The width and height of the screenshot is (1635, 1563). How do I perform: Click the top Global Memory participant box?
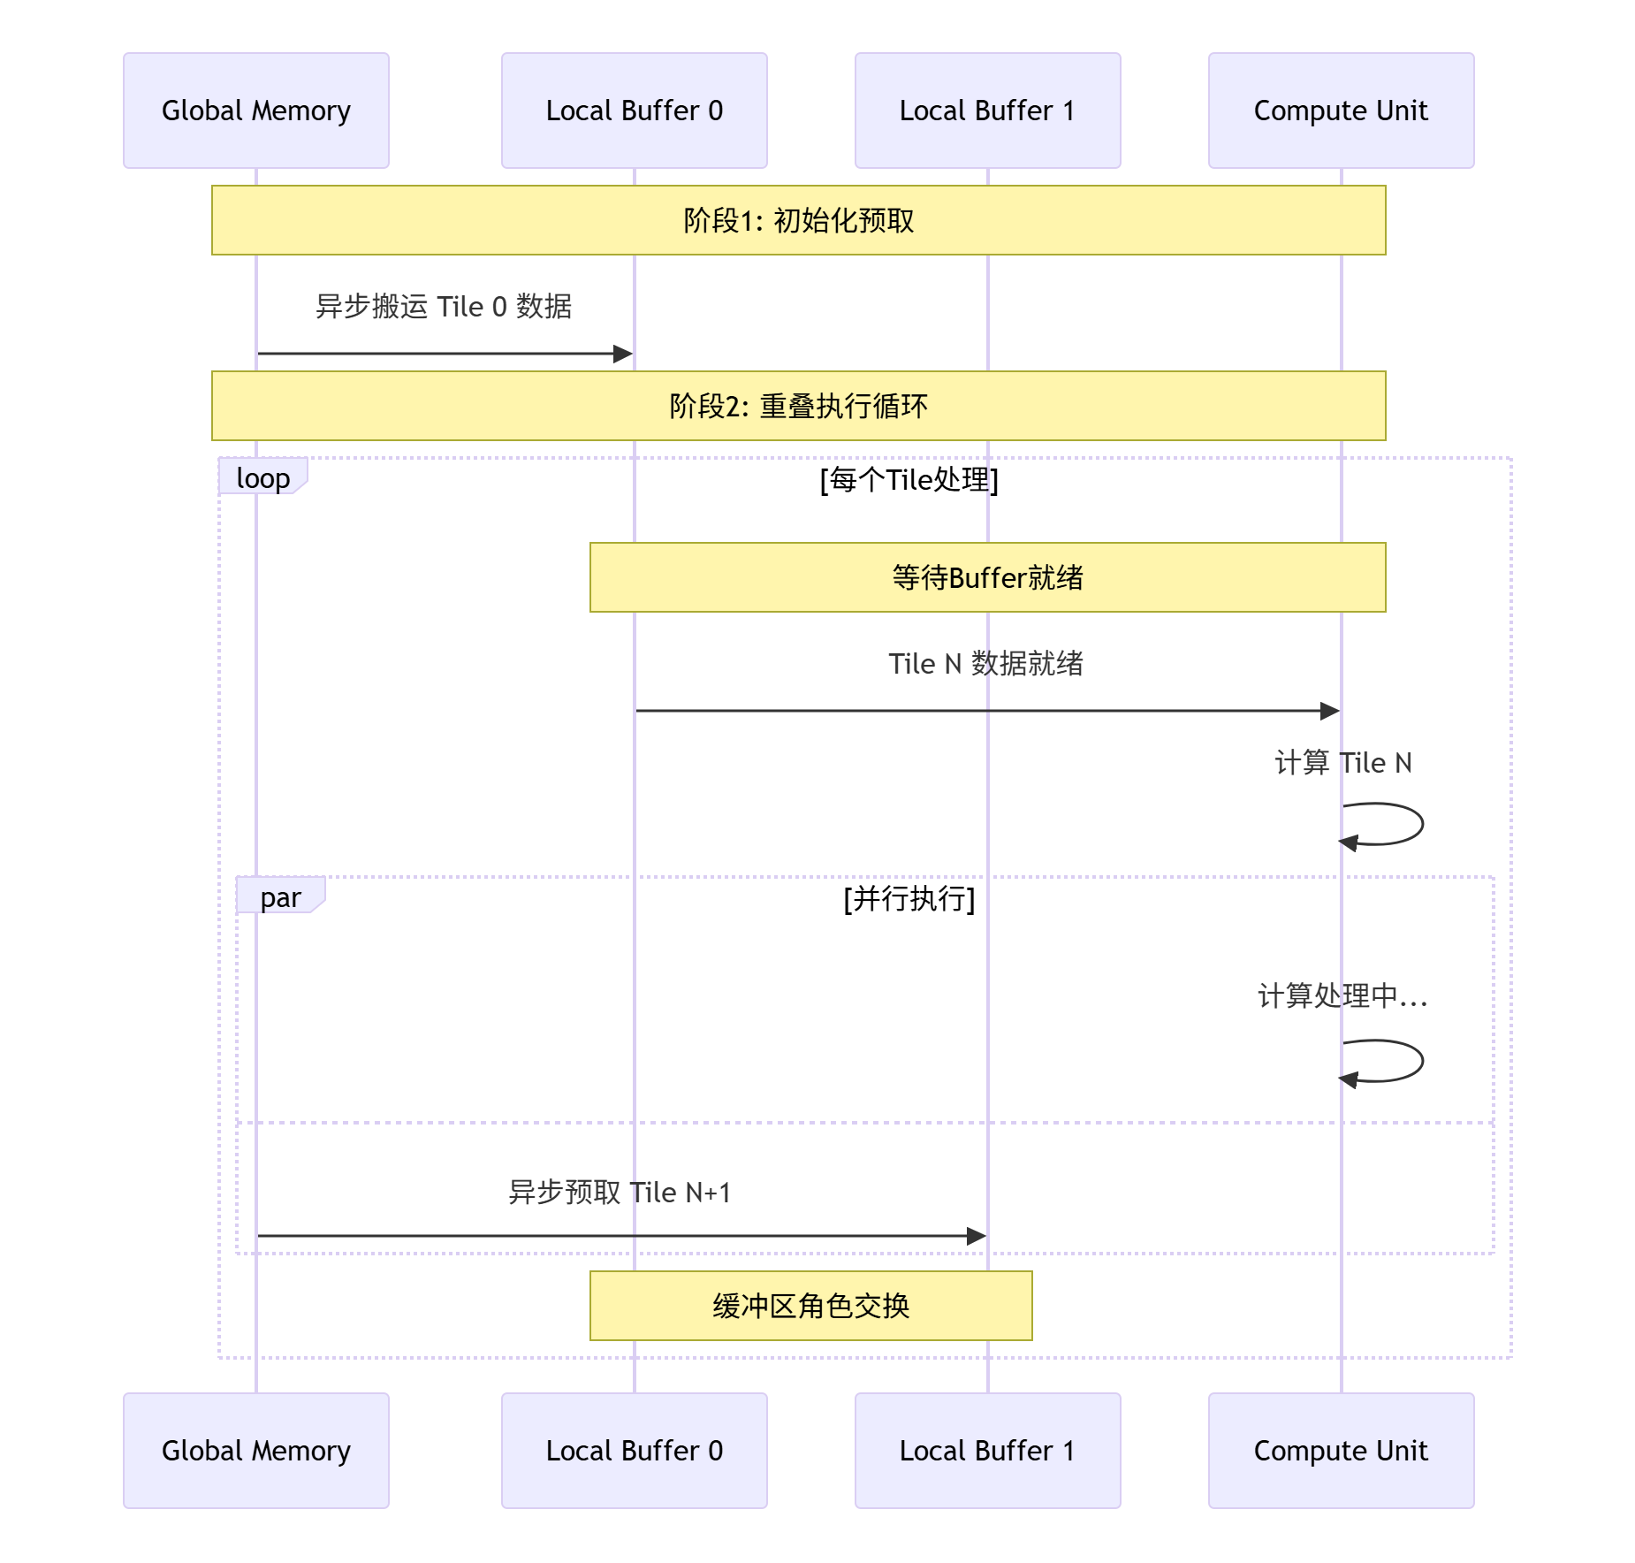pos(256,111)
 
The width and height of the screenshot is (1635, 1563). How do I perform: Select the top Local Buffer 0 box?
pos(634,111)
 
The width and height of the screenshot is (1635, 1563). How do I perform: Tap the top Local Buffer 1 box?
pos(987,111)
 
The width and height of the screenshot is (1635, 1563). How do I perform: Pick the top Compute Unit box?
pos(1341,111)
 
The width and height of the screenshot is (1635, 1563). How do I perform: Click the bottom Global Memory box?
pos(256,1450)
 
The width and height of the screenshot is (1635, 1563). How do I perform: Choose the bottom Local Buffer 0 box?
pos(634,1450)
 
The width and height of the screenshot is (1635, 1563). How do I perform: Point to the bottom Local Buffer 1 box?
pos(987,1450)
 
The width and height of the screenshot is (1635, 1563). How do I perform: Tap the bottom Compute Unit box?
pos(1341,1450)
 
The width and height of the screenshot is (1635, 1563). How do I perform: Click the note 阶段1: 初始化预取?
pos(798,220)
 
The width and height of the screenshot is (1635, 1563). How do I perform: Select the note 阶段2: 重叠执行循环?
pos(798,406)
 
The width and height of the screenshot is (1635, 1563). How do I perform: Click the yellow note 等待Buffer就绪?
pos(987,577)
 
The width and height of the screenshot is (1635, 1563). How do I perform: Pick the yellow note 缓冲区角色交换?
pos(810,1306)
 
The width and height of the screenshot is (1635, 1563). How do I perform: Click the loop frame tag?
pos(262,477)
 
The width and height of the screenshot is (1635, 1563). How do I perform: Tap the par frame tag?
pos(280,896)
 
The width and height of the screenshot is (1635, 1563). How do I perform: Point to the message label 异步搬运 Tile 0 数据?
pos(444,307)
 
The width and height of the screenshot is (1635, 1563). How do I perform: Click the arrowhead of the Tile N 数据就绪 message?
pos(1330,711)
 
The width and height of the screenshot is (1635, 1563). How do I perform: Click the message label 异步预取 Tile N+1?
pos(620,1193)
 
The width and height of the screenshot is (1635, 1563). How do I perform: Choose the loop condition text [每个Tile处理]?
pos(909,480)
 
